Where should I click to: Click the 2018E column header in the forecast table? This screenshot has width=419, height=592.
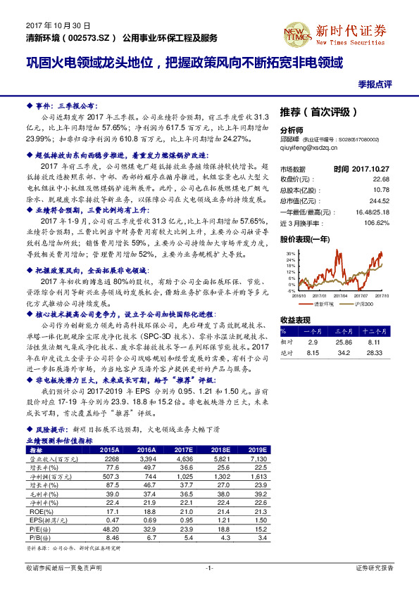pos(221,449)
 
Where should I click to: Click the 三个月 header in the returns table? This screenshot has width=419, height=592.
pos(343,330)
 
